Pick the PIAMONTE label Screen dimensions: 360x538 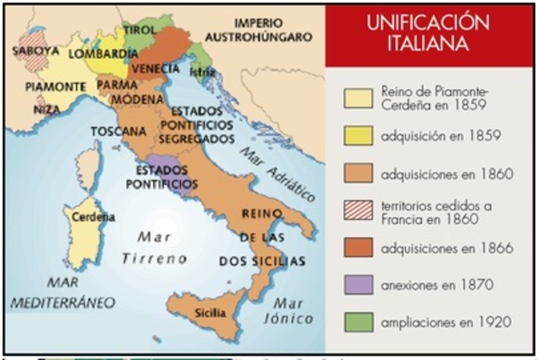point(55,86)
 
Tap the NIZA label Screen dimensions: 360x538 point(47,109)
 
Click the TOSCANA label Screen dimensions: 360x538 point(115,131)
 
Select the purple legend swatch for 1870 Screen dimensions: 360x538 point(359,283)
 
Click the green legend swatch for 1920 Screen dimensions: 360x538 point(359,321)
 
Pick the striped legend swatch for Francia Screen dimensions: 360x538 point(359,210)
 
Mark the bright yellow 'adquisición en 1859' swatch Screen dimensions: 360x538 point(359,135)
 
